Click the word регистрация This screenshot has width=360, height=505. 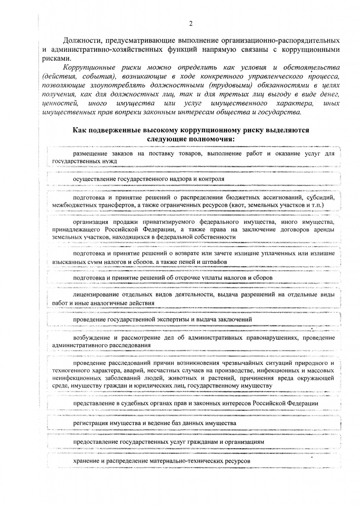[x=92, y=423]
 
